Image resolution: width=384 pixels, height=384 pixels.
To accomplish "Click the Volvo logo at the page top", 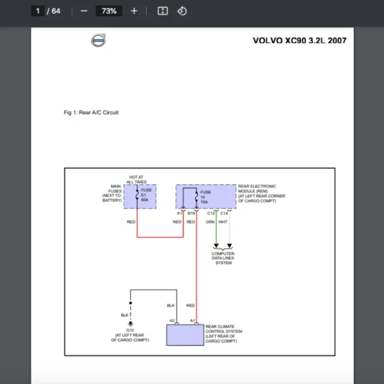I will pos(98,41).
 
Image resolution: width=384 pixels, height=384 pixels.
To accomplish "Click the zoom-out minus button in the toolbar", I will pos(84,11).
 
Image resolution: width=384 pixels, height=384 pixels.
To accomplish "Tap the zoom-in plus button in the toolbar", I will pos(134,11).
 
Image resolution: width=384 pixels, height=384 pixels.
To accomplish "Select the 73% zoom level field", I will pos(109,11).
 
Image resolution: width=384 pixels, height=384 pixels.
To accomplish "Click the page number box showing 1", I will pos(38,11).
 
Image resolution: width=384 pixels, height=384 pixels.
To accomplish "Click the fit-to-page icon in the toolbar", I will pos(163,11).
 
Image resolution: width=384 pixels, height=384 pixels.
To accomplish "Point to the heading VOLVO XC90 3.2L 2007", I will pos(300,40).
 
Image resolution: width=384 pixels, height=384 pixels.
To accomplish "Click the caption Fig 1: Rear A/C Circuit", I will pos(91,113).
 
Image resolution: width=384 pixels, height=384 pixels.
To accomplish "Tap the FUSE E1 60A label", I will pos(147,195).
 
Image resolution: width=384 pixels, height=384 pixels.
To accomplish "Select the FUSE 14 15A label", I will pos(205,196).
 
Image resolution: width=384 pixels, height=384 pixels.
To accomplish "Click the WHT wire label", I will pos(223,221).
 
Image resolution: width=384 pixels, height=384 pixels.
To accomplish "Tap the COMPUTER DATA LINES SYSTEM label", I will pos(223,258).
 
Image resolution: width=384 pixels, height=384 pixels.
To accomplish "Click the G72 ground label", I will pos(130,330).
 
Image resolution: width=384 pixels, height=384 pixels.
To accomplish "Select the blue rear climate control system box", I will pos(186,335).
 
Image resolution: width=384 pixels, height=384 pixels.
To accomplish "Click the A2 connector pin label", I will pos(172,320).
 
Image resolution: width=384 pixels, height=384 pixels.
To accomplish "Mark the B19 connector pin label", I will pos(191,212).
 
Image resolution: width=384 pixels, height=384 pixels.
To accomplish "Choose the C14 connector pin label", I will pos(224,212).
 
